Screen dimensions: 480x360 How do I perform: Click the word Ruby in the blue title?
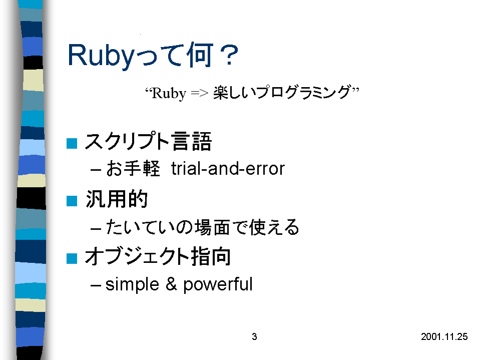[x=101, y=56]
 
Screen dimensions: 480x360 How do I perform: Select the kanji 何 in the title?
[x=200, y=55]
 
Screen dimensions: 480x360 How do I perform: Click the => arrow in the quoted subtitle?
[x=200, y=93]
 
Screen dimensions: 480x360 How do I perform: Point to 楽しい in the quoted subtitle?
[x=234, y=92]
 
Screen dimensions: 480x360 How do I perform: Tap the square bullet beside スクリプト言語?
[x=72, y=143]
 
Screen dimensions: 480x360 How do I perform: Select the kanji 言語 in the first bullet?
[x=192, y=141]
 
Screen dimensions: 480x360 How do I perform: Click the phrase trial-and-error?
[x=228, y=169]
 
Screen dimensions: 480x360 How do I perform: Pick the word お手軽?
[x=133, y=168]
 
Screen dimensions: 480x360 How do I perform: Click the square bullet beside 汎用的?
[x=72, y=201]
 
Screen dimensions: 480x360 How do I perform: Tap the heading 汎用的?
[x=117, y=199]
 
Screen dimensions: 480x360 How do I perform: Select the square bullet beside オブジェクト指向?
[x=72, y=258]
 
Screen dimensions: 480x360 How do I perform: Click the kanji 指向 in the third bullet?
[x=211, y=256]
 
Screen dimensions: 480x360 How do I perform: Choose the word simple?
[x=132, y=284]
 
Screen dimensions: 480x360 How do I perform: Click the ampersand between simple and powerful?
[x=171, y=284]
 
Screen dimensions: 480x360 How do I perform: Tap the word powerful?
[x=218, y=284]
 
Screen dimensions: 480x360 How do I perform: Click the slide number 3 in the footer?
[x=254, y=337]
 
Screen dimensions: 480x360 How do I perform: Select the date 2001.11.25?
[x=444, y=337]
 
